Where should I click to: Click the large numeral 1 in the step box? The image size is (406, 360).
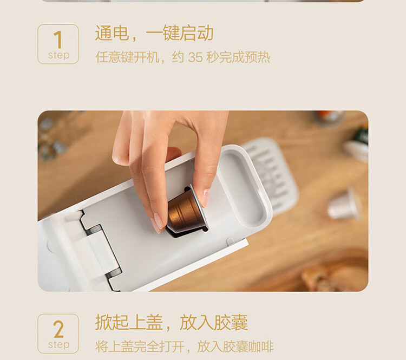(x=58, y=40)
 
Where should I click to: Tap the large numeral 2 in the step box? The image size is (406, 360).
(x=58, y=329)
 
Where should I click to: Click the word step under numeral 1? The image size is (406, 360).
(x=58, y=55)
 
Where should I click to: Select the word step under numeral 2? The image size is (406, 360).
(x=58, y=345)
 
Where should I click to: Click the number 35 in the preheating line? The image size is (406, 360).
(x=195, y=57)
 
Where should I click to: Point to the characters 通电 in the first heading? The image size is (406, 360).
(x=112, y=33)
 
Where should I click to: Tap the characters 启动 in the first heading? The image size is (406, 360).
(x=197, y=33)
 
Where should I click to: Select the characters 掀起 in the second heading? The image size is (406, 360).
(x=112, y=323)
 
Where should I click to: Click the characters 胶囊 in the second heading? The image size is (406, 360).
(x=231, y=323)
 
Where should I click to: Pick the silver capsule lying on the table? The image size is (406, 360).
(x=345, y=204)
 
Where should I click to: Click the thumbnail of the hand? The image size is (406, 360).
(x=206, y=198)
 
